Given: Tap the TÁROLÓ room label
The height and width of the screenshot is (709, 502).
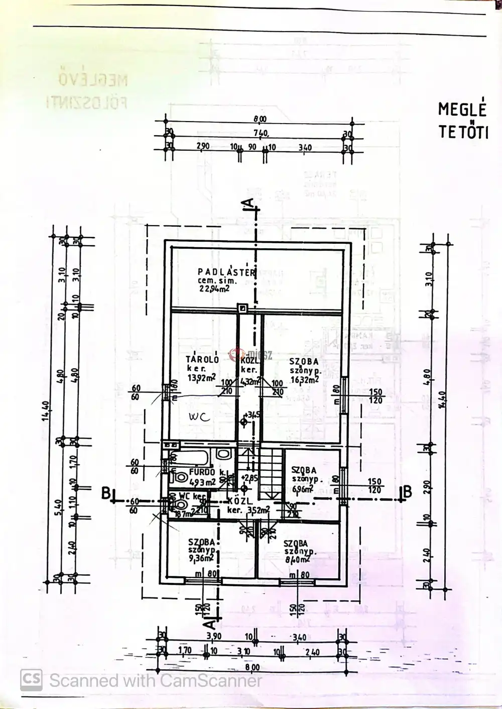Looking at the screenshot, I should (x=202, y=359).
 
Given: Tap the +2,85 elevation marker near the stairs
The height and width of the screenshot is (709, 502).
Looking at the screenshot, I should (x=248, y=478).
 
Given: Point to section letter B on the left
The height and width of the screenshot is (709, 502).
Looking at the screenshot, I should (x=106, y=493).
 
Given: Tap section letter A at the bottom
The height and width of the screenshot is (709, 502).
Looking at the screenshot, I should (x=211, y=623).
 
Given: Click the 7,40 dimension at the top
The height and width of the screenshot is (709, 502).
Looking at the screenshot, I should (x=260, y=133).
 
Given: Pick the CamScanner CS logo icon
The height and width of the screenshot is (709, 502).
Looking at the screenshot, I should (x=31, y=680).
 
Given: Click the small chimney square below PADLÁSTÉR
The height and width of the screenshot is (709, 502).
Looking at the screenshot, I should (x=242, y=308).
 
